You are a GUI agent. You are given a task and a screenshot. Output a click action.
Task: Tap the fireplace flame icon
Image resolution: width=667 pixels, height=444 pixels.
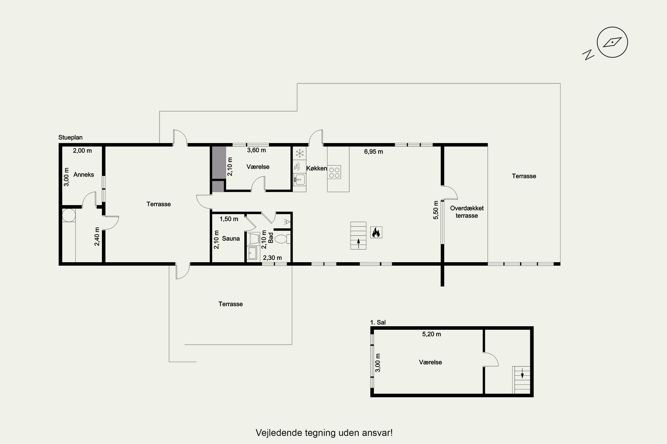tap(376, 232)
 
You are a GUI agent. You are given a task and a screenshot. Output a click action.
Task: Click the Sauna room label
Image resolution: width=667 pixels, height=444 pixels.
tap(231, 238)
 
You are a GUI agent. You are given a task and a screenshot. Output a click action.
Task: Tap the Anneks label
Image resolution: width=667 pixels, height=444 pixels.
tap(84, 174)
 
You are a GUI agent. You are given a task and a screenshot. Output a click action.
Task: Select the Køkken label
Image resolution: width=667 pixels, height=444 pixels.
tap(316, 168)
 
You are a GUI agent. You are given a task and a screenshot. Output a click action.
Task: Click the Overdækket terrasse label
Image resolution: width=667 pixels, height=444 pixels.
tap(467, 212)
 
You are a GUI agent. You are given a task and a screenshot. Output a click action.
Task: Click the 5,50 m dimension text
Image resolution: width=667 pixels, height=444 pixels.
tap(436, 210)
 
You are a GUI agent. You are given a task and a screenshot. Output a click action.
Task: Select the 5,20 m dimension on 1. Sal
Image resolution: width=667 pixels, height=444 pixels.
tap(432, 334)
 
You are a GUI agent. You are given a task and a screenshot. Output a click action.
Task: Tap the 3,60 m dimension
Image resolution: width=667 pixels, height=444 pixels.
tap(256, 150)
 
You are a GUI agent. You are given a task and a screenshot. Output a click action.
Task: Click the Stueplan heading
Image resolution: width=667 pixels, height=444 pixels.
tap(70, 137)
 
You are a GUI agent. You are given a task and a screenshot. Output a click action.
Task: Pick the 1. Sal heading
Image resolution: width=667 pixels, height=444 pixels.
tap(378, 322)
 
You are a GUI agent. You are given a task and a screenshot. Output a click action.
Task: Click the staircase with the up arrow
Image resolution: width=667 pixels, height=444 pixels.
tap(358, 236)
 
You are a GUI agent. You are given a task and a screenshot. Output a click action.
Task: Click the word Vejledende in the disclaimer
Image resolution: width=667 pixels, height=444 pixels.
tap(279, 433)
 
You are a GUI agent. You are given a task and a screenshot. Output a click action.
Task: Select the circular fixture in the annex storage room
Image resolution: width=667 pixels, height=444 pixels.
tap(69, 215)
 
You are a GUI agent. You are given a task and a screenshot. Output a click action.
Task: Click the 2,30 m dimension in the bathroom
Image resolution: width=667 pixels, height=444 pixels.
tap(272, 258)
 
